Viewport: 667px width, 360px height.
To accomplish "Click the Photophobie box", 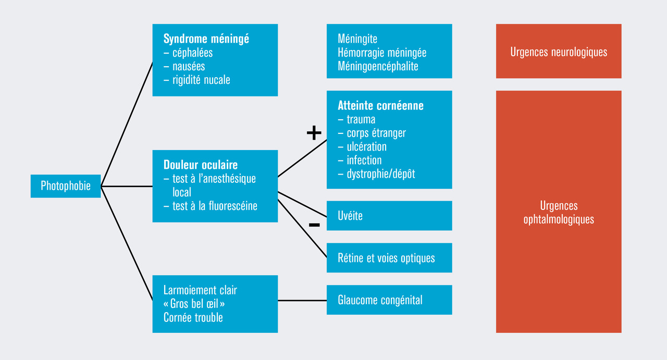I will point(66,186).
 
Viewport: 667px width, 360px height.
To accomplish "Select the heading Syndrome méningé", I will point(206,39).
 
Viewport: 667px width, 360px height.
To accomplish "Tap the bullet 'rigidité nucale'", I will point(201,80).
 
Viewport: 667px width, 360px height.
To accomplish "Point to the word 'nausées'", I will point(189,66).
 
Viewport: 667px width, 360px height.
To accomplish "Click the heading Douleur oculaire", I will point(201,165).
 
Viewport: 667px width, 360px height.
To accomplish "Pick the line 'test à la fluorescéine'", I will point(215,206).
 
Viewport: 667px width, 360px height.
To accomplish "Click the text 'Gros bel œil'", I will point(197,303).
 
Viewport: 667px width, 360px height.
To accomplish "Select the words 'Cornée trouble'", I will point(193,317).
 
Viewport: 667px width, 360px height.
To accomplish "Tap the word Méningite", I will point(357,39).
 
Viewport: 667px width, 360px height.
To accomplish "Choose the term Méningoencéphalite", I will point(378,66).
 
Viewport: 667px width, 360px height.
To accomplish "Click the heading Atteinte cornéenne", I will point(380,106).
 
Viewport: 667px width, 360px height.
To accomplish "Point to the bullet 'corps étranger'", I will point(376,133).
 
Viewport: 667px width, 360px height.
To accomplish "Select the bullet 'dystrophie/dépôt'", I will point(381,173).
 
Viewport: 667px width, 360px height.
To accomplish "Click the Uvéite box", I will point(389,216).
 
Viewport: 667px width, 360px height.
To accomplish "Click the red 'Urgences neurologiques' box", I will point(559,52).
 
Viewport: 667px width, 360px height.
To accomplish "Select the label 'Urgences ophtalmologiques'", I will point(559,213).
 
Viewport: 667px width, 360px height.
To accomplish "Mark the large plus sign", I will point(314,133).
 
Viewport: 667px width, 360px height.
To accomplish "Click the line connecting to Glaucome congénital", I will point(302,301).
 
